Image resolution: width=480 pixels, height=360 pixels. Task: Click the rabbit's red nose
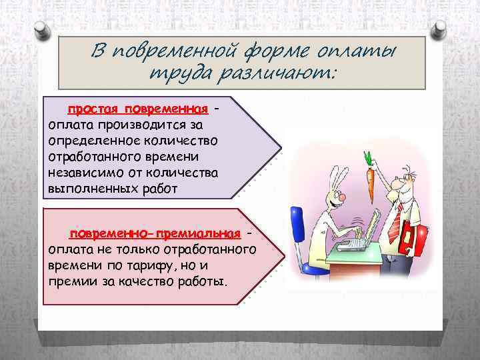point(339,198)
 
